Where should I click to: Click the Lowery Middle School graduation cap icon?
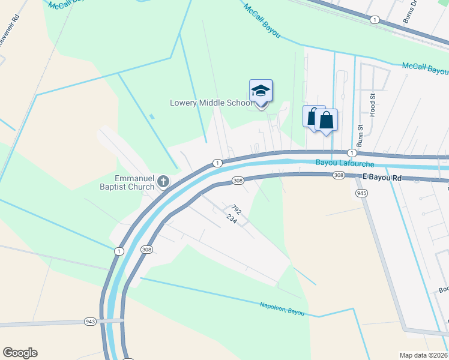tap(261, 91)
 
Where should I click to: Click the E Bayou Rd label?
tap(382, 178)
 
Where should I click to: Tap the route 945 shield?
tap(361, 193)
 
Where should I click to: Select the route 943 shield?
tap(91, 322)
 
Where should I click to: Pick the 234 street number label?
tap(232, 220)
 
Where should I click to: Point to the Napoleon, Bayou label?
tap(282, 308)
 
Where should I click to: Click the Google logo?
tap(20, 353)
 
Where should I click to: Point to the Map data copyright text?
tap(424, 355)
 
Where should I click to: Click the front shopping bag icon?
tap(326, 119)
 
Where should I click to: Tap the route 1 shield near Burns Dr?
tap(375, 20)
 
